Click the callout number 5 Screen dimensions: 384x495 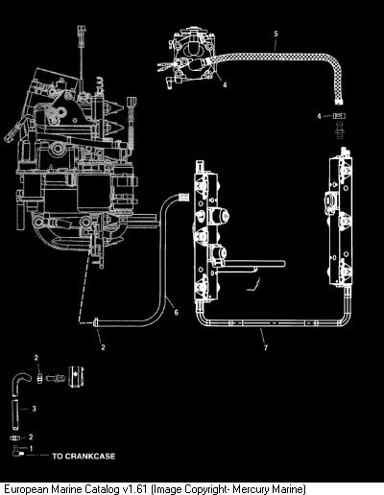[x=276, y=34]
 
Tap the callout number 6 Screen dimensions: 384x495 [x=176, y=312]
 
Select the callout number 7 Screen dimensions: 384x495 [x=266, y=347]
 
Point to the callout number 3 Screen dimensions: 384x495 [x=34, y=409]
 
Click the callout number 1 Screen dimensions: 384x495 [x=31, y=449]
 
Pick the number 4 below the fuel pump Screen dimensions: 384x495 [x=225, y=84]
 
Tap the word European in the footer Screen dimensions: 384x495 [x=27, y=489]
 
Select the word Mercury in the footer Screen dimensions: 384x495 [x=251, y=489]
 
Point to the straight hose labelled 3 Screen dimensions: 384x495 [x=15, y=414]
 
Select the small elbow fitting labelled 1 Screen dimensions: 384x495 [x=17, y=451]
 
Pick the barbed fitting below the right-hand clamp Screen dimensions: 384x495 [x=340, y=130]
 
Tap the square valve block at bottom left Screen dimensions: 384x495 [x=76, y=377]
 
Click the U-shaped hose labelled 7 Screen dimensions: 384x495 [x=272, y=323]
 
